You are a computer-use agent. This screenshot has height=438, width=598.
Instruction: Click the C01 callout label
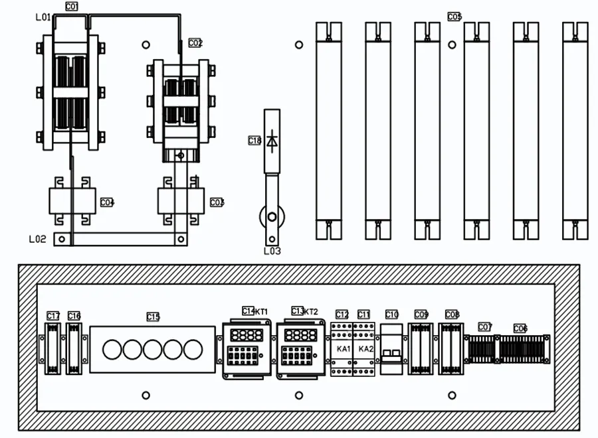72,6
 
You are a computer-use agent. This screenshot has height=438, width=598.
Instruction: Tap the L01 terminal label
43,17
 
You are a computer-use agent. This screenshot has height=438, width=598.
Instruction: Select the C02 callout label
195,43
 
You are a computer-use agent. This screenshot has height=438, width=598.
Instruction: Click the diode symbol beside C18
272,141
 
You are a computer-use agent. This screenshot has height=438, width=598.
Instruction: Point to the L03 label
272,251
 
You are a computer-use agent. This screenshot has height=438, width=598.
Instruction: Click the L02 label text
38,238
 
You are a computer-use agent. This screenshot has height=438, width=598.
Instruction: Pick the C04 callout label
107,202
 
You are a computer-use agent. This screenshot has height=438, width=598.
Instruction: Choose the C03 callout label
217,202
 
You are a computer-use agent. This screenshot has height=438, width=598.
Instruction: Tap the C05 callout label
454,17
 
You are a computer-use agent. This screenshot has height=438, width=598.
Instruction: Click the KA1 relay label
344,349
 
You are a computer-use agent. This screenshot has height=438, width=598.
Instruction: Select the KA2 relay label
365,349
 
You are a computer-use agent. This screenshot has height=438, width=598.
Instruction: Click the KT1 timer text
262,311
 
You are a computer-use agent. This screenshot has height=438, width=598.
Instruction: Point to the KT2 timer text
311,311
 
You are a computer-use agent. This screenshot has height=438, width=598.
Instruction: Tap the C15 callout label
153,317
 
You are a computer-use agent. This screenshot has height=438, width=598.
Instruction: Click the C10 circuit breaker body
391,348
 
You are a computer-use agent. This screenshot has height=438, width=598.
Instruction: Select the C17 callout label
53,316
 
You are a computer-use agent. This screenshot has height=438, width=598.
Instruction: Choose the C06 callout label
520,328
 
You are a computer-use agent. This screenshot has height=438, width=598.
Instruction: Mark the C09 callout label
421,315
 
